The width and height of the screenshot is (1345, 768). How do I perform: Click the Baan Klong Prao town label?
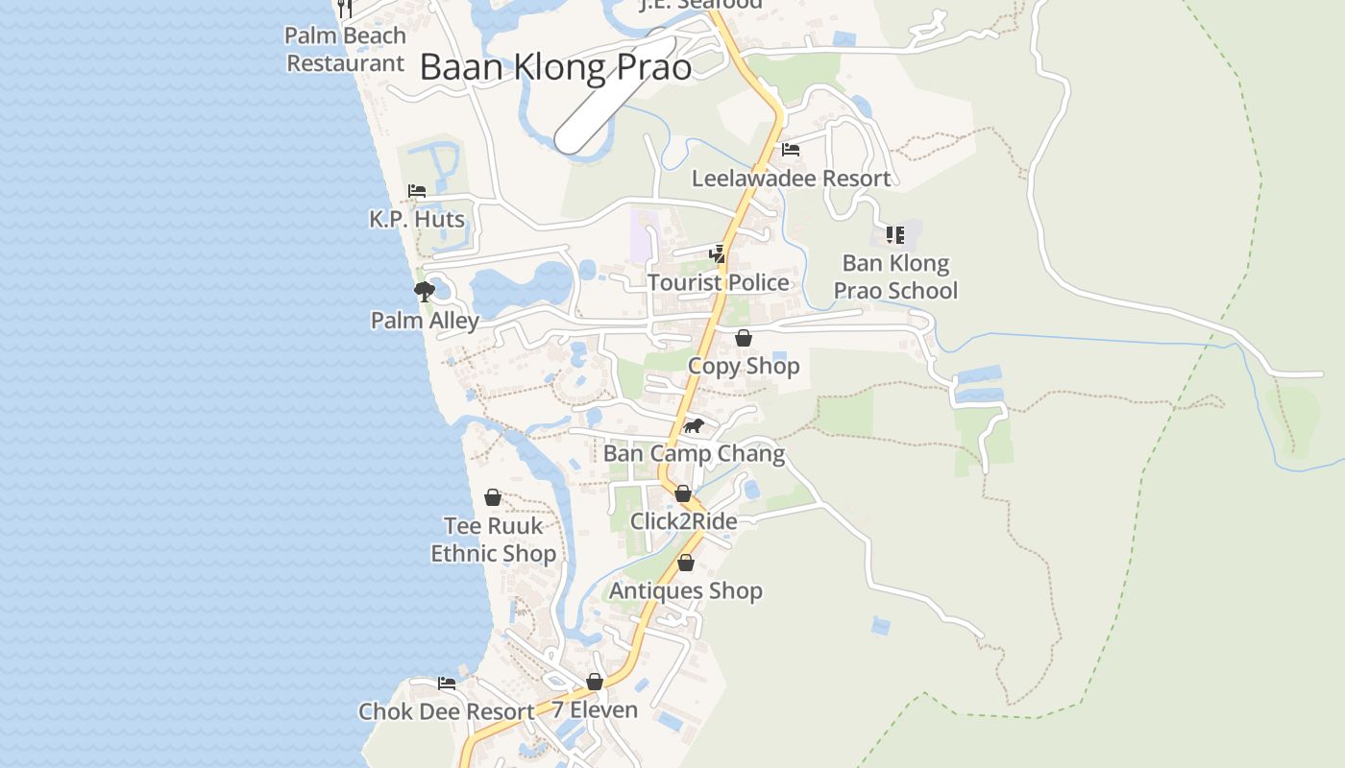click(555, 67)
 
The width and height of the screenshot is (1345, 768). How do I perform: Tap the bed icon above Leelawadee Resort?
click(791, 150)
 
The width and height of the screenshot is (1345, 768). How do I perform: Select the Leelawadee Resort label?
click(791, 179)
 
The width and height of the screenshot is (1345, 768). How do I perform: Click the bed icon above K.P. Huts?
click(417, 191)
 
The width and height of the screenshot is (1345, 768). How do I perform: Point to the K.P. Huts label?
click(417, 219)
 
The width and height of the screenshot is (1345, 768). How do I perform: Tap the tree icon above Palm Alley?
click(424, 292)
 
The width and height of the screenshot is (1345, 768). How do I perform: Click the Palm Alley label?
click(425, 321)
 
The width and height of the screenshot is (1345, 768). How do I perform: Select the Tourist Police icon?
click(718, 253)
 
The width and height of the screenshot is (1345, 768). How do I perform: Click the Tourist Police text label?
click(718, 282)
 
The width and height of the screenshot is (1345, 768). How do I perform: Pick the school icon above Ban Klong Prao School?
click(895, 234)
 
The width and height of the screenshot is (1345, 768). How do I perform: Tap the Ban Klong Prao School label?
click(895, 276)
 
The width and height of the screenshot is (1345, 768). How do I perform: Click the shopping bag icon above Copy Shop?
click(743, 338)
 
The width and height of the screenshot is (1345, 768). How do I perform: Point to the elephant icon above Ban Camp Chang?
click(694, 425)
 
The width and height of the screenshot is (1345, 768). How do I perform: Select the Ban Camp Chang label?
click(694, 453)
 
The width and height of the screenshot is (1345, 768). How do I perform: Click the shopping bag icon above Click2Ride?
click(683, 493)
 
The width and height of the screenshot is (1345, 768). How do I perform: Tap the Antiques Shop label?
click(685, 590)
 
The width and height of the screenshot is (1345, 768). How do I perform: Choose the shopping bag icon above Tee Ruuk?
click(493, 497)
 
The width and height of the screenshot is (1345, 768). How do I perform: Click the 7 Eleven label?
click(595, 710)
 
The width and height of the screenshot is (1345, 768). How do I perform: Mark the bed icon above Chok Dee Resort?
click(447, 684)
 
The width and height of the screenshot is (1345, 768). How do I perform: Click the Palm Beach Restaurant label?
click(346, 49)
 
